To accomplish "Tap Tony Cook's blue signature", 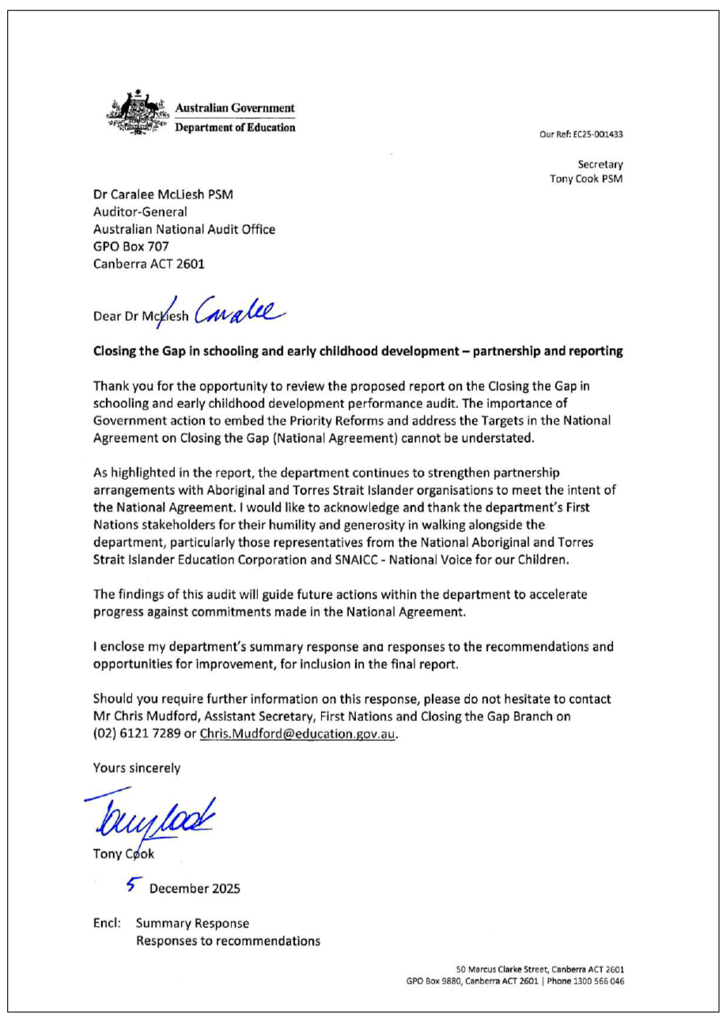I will point(149,812).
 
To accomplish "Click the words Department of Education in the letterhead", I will point(235,126).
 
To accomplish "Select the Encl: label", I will point(108,923).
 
